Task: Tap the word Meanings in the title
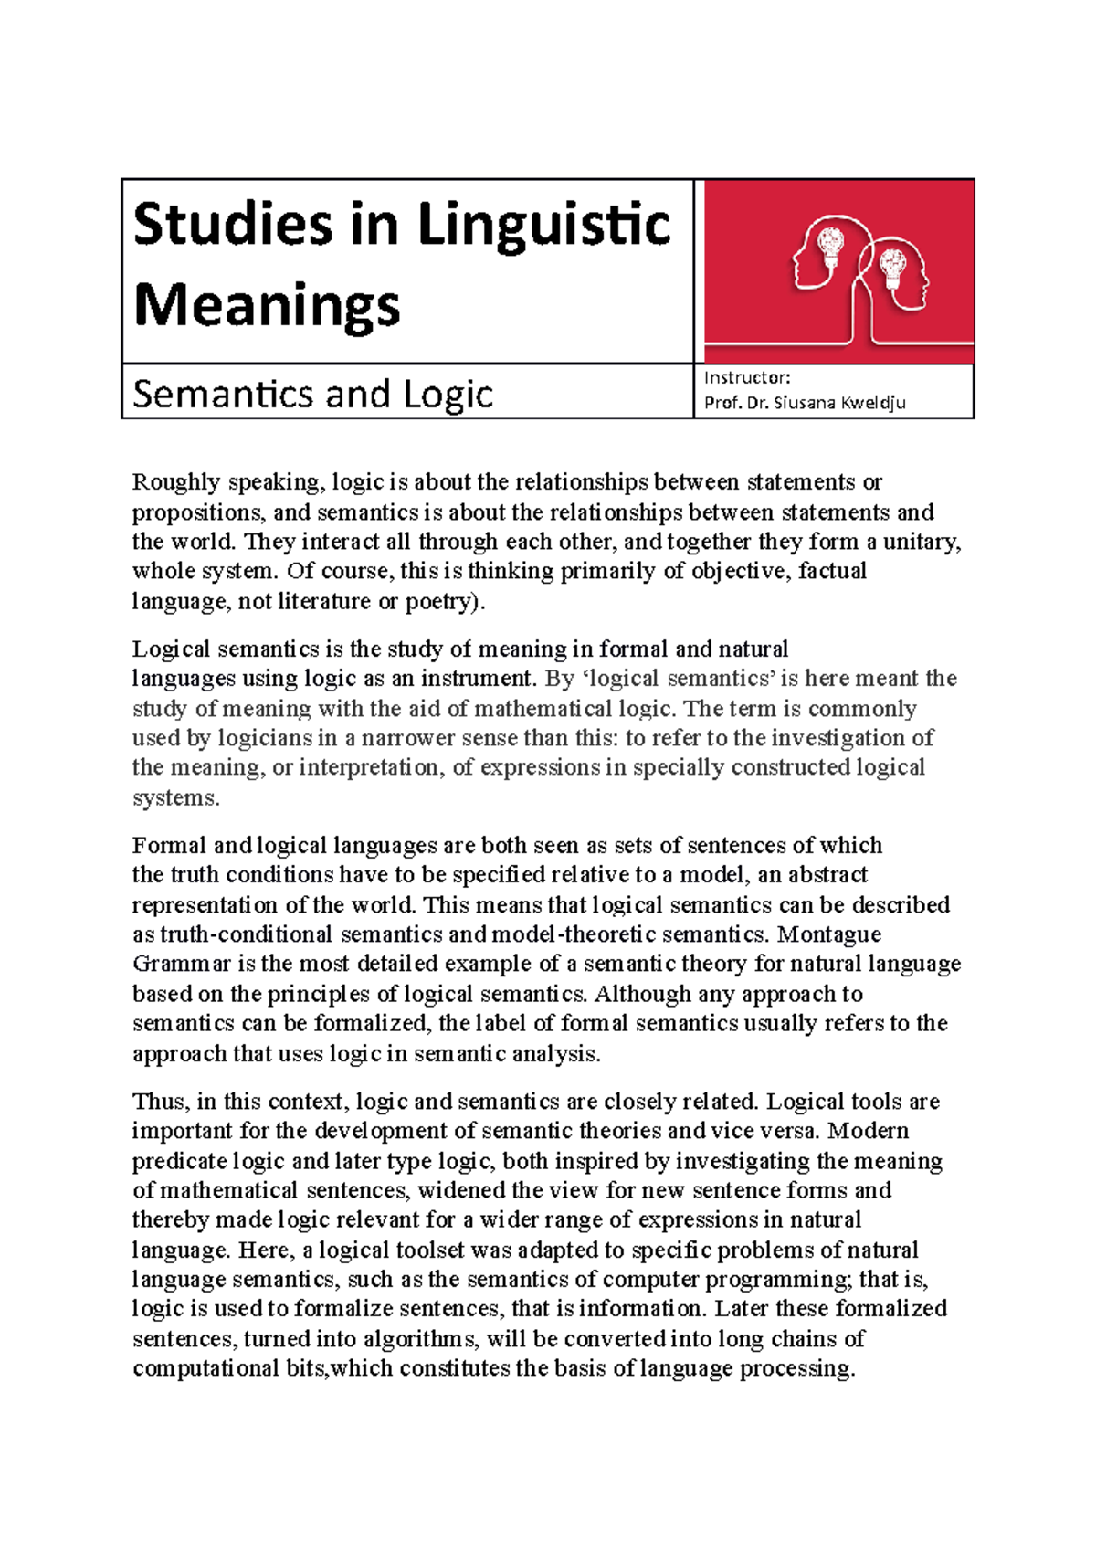tap(267, 305)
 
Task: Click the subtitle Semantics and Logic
tap(312, 394)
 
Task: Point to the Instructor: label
tap(747, 377)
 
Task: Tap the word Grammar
tap(181, 965)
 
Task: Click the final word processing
tap(796, 1368)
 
